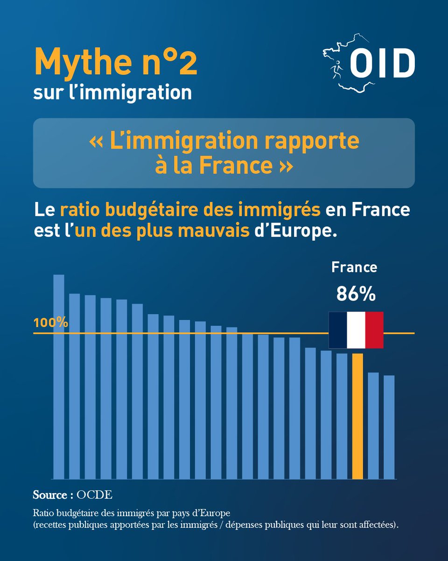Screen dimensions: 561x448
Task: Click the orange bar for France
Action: point(357,416)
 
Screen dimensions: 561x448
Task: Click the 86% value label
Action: point(356,294)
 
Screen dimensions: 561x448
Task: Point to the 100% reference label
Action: point(51,323)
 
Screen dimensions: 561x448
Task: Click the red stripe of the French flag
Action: point(374,330)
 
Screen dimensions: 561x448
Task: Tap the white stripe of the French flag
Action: point(356,330)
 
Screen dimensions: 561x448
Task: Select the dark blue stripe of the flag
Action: point(338,330)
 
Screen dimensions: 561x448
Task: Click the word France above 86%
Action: point(354,267)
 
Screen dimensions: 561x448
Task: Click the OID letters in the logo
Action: point(382,64)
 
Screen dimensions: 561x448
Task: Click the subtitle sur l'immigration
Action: point(112,92)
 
